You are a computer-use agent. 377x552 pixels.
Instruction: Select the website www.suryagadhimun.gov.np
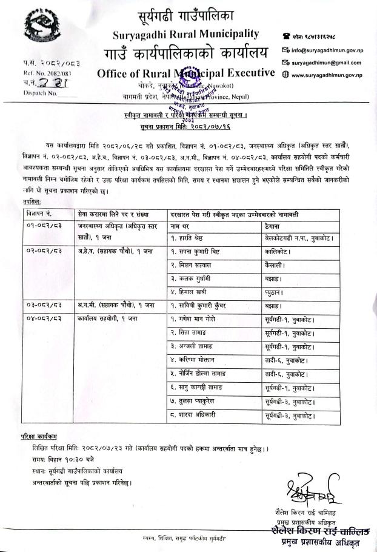pos(327,75)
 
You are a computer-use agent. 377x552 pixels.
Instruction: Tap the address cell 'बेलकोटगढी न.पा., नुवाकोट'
pos(300,241)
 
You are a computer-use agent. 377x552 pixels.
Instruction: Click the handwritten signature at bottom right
pos(308,490)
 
